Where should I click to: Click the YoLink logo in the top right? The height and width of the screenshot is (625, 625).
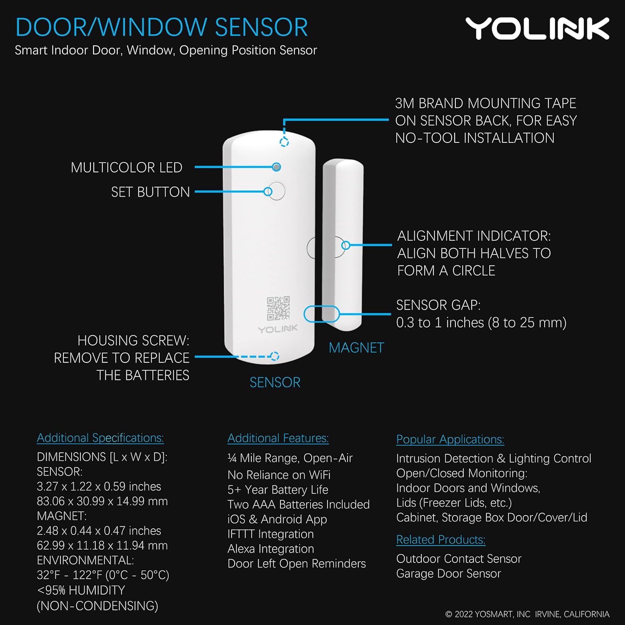pyautogui.click(x=537, y=29)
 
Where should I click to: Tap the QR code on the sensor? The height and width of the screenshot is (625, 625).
pyautogui.click(x=278, y=308)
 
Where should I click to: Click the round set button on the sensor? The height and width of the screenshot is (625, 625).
pyautogui.click(x=276, y=191)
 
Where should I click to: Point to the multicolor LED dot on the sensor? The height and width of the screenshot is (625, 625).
pyautogui.click(x=276, y=167)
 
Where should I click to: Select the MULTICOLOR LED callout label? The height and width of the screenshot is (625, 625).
pyautogui.click(x=126, y=167)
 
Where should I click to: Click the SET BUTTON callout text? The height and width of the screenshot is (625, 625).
pyautogui.click(x=150, y=192)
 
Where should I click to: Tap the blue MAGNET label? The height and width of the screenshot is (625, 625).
pyautogui.click(x=356, y=348)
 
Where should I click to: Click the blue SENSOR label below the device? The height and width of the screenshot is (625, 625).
pyautogui.click(x=275, y=382)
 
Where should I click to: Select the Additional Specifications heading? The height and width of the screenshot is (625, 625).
pyautogui.click(x=100, y=438)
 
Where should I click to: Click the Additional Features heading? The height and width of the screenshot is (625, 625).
pyautogui.click(x=278, y=438)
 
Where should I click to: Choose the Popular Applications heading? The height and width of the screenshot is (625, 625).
pyautogui.click(x=450, y=440)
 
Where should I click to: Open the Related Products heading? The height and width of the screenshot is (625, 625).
pyautogui.click(x=440, y=540)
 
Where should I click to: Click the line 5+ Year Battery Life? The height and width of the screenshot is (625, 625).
pyautogui.click(x=277, y=490)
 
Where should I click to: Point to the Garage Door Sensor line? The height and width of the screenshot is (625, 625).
pyautogui.click(x=448, y=574)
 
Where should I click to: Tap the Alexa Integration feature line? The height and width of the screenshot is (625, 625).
pyautogui.click(x=270, y=549)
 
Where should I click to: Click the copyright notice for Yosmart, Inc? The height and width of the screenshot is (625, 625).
pyautogui.click(x=527, y=614)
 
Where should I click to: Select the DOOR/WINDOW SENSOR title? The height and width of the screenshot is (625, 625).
pyautogui.click(x=161, y=27)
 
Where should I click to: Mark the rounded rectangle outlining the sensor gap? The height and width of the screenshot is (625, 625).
pyautogui.click(x=321, y=314)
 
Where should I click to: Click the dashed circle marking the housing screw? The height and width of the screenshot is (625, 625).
pyautogui.click(x=274, y=356)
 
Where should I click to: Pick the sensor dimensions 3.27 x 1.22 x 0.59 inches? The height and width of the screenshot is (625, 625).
pyautogui.click(x=99, y=487)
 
